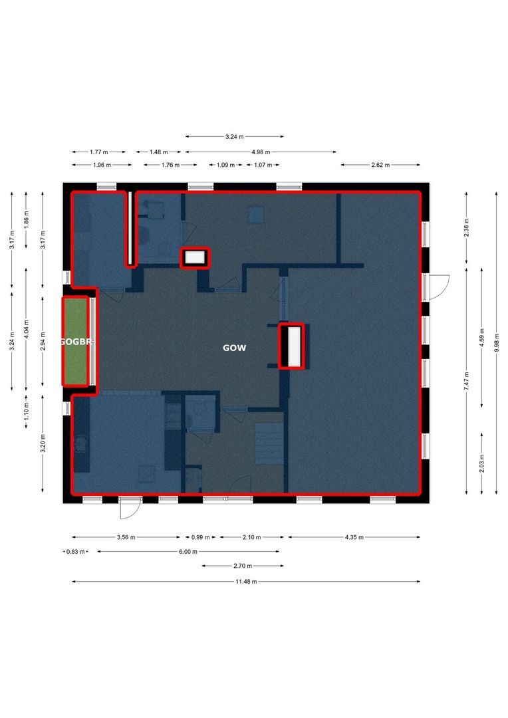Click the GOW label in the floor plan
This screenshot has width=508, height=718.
[x=234, y=348]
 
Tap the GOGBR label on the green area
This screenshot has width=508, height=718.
[x=76, y=342]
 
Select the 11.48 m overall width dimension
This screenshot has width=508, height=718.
[x=246, y=581]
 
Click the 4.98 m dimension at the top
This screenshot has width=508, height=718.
[x=261, y=152]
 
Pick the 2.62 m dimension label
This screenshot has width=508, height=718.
[x=380, y=165]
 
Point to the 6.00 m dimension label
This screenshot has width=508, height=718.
[x=188, y=551]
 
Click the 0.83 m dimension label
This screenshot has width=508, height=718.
[x=76, y=551]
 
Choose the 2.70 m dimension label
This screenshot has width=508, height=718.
[x=243, y=566]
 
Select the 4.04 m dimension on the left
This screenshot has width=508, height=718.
[x=27, y=329]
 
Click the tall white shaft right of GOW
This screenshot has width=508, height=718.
[x=291, y=346]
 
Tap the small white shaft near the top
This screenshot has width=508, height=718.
[x=195, y=257]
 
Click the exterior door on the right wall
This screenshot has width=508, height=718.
[x=438, y=286]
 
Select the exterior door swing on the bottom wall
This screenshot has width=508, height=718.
[x=129, y=508]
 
